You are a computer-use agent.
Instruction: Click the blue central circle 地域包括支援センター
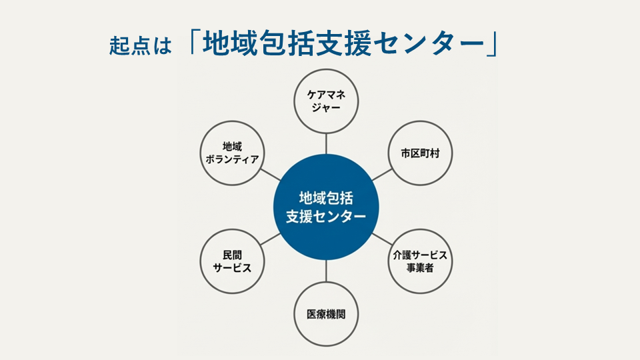[326, 207]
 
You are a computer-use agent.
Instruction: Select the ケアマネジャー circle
[326, 101]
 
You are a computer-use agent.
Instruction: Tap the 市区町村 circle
[420, 153]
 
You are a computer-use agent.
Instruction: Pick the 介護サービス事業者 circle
[420, 261]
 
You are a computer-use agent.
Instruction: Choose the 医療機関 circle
[326, 314]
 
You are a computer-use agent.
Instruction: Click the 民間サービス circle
[232, 261]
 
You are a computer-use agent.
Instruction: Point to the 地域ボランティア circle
[232, 153]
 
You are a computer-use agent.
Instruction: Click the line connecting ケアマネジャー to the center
[326, 144]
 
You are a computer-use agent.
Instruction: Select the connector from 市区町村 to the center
[382, 175]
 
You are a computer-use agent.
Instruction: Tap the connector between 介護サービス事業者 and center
[382, 239]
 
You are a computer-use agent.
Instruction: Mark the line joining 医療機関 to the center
[326, 271]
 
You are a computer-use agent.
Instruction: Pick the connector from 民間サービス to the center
[270, 239]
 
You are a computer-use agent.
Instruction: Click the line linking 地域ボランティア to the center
[270, 175]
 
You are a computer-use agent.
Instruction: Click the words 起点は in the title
[141, 45]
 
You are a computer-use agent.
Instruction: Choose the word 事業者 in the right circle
[420, 268]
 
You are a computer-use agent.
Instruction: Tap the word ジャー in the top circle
[326, 108]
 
